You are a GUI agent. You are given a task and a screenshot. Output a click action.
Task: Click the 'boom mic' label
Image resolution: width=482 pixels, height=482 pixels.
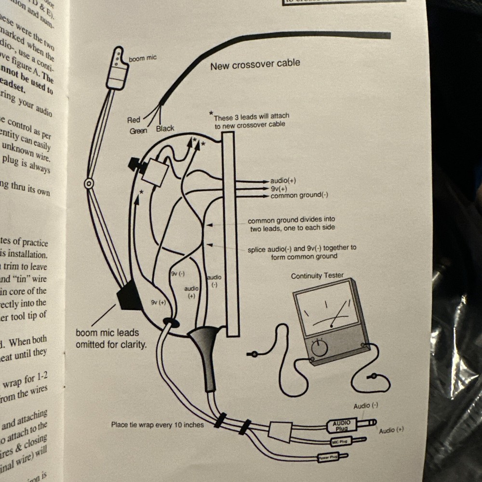[x=143, y=58]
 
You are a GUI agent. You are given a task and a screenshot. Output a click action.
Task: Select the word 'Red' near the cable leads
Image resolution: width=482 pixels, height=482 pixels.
[x=134, y=120]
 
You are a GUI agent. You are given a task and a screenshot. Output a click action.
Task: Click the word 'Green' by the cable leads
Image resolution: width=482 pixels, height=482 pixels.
[x=138, y=131]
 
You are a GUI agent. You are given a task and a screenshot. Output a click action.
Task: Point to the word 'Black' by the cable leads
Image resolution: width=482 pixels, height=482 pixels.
[x=165, y=129]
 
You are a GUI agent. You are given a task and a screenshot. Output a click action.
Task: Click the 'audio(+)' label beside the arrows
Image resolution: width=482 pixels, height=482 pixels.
[x=283, y=181]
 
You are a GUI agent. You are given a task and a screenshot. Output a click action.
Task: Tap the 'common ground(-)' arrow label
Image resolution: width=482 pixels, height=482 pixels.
[x=299, y=195]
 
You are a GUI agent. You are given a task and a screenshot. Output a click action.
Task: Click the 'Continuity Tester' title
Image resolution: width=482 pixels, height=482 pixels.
[x=317, y=276]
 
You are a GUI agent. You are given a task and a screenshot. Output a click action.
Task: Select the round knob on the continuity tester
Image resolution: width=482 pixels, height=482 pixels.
[x=319, y=347]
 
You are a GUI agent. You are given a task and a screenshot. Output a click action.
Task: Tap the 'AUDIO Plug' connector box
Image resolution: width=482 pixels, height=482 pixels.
[x=341, y=425]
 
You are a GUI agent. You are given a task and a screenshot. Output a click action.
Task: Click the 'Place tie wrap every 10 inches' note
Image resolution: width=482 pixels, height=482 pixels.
[x=157, y=425]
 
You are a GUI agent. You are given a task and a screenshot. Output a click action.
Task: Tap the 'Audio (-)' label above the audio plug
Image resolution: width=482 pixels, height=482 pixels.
[x=365, y=406]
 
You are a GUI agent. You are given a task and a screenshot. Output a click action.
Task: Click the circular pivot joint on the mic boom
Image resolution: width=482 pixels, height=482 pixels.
[x=89, y=184]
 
